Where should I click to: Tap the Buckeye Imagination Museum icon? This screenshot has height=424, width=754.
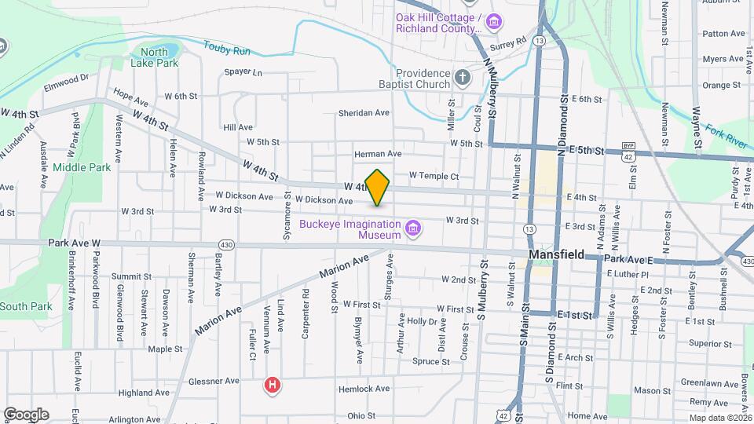point(413,229)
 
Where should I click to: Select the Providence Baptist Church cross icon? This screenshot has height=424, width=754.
point(463,78)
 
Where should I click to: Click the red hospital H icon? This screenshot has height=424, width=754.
point(272,385)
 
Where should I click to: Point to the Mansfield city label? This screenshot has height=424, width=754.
point(556,255)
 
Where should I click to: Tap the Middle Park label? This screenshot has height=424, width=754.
point(82,167)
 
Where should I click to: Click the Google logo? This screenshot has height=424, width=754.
point(26,414)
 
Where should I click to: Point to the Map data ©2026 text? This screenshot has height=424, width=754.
point(719,418)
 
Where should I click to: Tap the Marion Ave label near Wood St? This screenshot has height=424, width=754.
point(344,268)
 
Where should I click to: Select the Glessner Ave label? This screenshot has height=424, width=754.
point(214,381)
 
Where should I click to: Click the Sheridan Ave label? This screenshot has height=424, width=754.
point(364,113)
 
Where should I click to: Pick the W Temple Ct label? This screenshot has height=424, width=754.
point(434,176)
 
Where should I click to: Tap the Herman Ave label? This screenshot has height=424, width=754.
point(378,154)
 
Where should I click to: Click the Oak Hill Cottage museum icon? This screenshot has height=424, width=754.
point(495,20)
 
